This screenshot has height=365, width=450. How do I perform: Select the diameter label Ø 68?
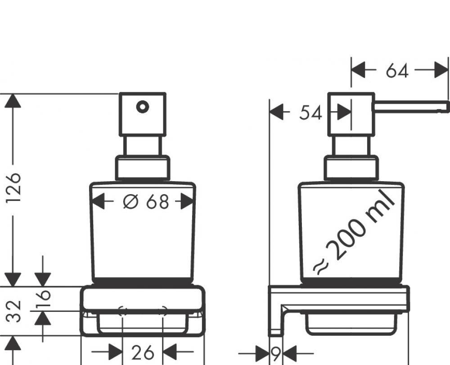pyautogui.click(x=145, y=202)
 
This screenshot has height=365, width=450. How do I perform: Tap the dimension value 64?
pyautogui.click(x=396, y=71)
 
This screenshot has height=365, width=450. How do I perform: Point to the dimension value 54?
pyautogui.click(x=310, y=114)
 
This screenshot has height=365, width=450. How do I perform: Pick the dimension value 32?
pyautogui.click(x=16, y=311)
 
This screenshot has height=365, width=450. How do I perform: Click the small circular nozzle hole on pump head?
pyautogui.click(x=142, y=107)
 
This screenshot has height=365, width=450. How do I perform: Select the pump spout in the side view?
pyautogui.click(x=410, y=106)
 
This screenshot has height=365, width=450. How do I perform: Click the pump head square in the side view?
pyautogui.click(x=351, y=114)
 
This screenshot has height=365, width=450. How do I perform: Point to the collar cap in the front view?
pyautogui.click(x=143, y=168)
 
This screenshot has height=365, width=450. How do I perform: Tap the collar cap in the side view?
pyautogui.click(x=351, y=168)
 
